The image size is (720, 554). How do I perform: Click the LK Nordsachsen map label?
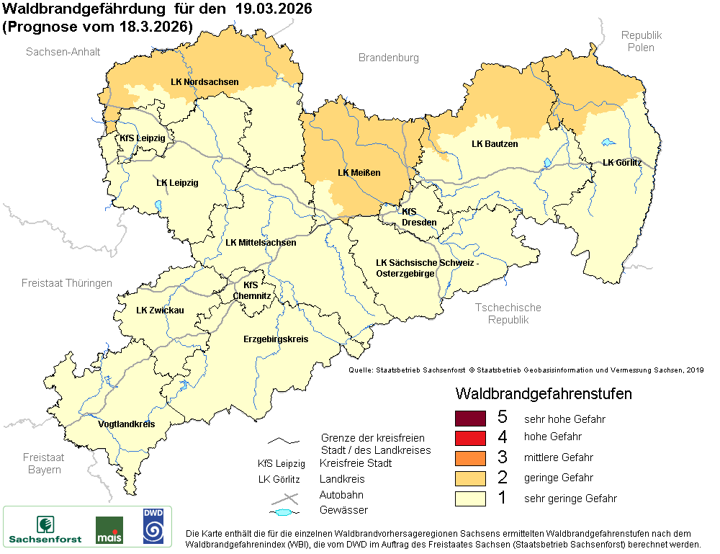(204, 82)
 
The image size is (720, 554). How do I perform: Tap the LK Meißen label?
(359, 173)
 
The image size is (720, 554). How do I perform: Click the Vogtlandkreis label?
(127, 424)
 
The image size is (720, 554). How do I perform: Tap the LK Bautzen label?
(495, 144)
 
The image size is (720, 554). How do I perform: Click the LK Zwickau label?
(160, 310)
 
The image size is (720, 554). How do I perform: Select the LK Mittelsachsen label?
(261, 243)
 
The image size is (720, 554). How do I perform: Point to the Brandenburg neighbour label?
(388, 58)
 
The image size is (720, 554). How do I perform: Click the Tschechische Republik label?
(508, 313)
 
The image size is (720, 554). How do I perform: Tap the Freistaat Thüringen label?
(67, 283)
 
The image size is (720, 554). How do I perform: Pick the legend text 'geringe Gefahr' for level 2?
(558, 478)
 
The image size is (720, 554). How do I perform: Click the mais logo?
(109, 530)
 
